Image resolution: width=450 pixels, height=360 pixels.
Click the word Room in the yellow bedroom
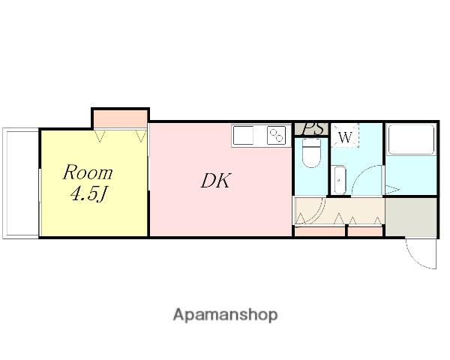pyautogui.click(x=88, y=172)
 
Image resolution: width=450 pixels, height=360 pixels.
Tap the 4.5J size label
pyautogui.click(x=88, y=194)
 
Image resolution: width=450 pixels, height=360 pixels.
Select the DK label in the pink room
pyautogui.click(x=215, y=181)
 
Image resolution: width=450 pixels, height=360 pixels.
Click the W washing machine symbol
pyautogui.click(x=345, y=136)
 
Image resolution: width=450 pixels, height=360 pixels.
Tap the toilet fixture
pyautogui.click(x=312, y=153)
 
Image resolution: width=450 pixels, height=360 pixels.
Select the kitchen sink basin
pyautogui.click(x=243, y=135)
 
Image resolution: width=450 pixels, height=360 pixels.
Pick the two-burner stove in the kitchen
pyautogui.click(x=276, y=135)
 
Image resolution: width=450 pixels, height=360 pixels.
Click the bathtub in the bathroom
pyautogui.click(x=411, y=139)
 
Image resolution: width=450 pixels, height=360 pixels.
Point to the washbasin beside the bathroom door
pyautogui.click(x=340, y=180)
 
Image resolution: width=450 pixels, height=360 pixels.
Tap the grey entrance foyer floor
pyautogui.click(x=411, y=217)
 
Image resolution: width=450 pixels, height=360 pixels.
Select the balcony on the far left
pyautogui.click(x=21, y=184)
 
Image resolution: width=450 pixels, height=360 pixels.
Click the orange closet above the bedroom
pyautogui.click(x=121, y=119)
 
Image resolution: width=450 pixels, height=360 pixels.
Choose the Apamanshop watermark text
pyautogui.click(x=225, y=315)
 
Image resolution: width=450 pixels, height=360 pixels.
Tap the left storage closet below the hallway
pyautogui.click(x=319, y=232)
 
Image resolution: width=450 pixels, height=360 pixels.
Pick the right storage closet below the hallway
pyautogui.click(x=365, y=232)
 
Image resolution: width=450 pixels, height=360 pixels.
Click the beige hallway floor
pyautogui.click(x=340, y=211)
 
